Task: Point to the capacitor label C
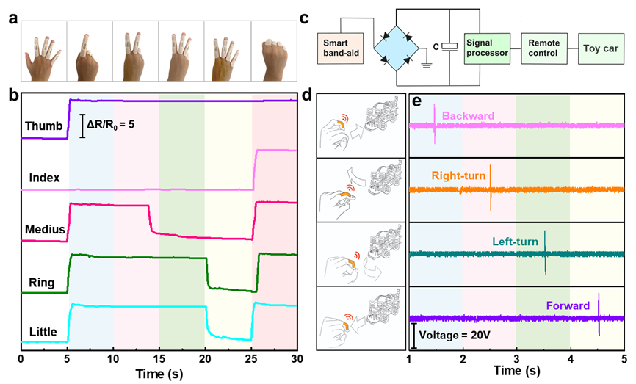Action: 437,47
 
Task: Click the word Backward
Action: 469,116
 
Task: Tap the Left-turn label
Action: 516,242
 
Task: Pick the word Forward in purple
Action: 567,305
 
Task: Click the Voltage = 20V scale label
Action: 449,338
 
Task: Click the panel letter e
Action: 416,101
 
